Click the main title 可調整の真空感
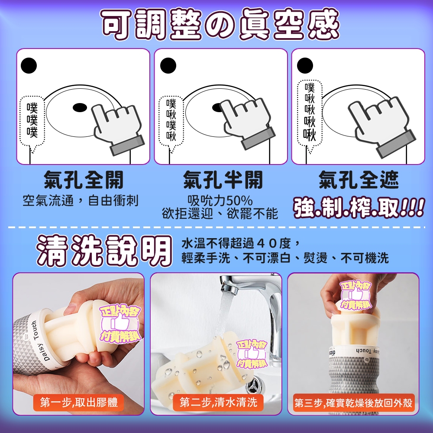click(x=220, y=25)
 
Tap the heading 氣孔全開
click(x=84, y=180)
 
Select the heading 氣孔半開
click(x=223, y=180)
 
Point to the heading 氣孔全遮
click(x=359, y=180)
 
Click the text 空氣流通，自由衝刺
click(x=81, y=200)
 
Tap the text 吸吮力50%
click(x=220, y=201)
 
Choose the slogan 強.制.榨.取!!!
click(x=359, y=207)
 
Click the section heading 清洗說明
click(x=104, y=251)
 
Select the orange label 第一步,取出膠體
click(x=79, y=402)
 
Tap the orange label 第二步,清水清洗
click(x=218, y=402)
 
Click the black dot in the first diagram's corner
click(x=29, y=66)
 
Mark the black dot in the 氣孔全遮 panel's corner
click(x=305, y=66)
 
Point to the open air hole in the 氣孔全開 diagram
click(x=80, y=107)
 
